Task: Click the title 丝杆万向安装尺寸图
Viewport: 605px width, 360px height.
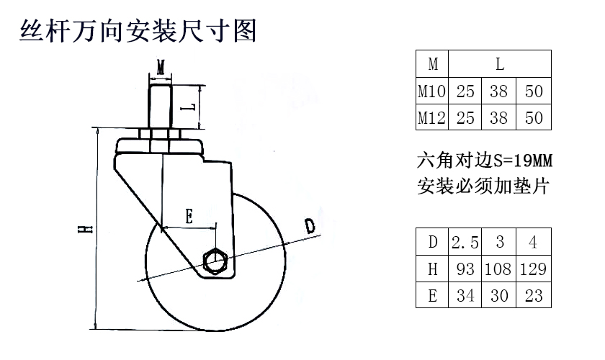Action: point(138,30)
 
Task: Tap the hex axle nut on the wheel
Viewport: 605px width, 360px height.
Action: point(215,261)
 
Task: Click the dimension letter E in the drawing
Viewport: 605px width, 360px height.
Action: point(189,217)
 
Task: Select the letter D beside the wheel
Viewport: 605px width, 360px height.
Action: point(310,226)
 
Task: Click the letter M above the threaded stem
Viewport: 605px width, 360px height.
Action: point(161,67)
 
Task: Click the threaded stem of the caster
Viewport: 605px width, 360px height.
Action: point(161,107)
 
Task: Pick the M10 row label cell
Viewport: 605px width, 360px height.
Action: point(432,91)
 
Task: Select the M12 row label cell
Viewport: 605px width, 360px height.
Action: point(432,117)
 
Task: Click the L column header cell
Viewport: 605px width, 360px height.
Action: point(500,63)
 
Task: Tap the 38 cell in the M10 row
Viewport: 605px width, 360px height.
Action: point(499,91)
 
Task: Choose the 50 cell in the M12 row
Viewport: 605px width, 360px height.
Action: point(534,117)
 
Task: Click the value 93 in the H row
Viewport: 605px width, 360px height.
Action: point(465,269)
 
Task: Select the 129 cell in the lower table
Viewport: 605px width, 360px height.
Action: point(534,269)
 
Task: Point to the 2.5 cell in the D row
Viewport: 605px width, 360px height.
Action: point(465,242)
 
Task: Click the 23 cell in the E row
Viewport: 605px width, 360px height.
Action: point(534,296)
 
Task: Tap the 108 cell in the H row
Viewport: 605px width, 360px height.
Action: point(498,269)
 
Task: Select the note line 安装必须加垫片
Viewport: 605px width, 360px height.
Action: point(483,186)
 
